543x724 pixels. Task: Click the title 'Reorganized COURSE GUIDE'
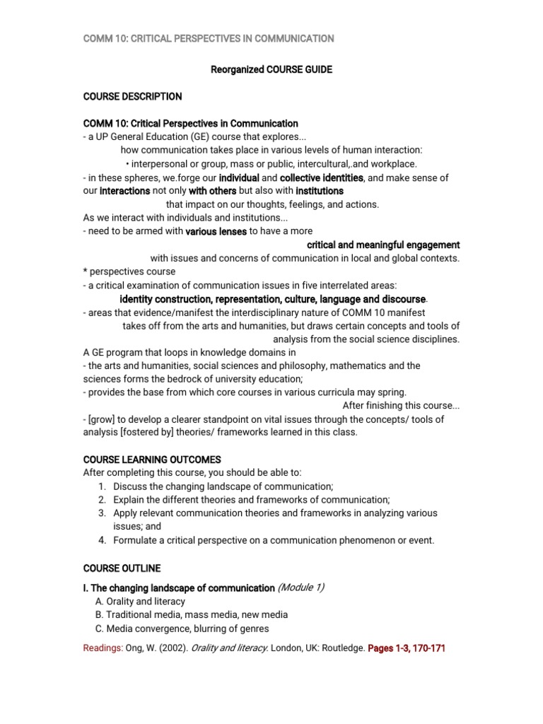click(271, 70)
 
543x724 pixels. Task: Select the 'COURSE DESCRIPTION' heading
click(132, 96)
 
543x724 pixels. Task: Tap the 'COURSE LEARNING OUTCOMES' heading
click(152, 459)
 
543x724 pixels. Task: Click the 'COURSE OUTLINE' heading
click(122, 568)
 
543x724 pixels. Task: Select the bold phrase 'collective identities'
click(322, 177)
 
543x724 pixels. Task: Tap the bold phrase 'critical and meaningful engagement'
click(383, 245)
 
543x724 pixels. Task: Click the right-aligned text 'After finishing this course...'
click(401, 405)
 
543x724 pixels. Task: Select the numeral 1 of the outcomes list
click(102, 486)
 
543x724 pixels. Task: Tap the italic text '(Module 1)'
click(302, 588)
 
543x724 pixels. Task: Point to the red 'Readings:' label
click(103, 648)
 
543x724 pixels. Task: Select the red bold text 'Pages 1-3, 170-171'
click(407, 648)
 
